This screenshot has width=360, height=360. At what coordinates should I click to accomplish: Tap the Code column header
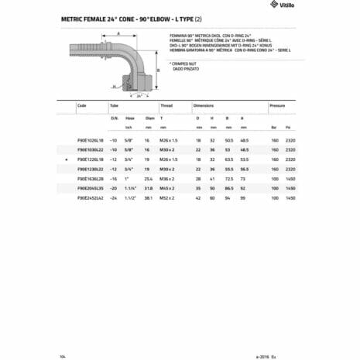(x=82, y=105)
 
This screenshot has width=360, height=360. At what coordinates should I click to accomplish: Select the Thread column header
(x=166, y=105)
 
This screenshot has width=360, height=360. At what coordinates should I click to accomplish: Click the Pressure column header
(x=276, y=105)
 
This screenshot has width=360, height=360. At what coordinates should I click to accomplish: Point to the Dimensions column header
(x=204, y=105)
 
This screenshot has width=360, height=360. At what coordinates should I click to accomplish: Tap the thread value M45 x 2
(x=167, y=189)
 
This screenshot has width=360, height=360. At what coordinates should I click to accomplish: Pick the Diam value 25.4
(x=150, y=179)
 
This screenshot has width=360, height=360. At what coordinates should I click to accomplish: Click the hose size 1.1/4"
(x=130, y=189)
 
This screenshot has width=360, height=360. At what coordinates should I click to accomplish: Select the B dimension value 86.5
(x=227, y=189)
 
